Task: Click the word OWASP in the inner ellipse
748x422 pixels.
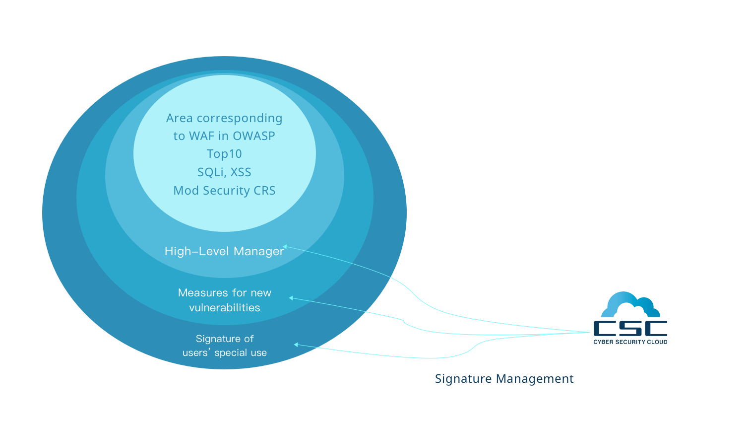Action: point(253,136)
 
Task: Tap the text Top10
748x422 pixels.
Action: point(224,154)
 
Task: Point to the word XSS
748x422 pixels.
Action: point(241,172)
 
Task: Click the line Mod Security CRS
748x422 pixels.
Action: point(224,191)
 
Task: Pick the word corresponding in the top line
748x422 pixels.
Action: point(240,118)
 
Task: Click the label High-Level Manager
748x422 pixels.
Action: point(224,251)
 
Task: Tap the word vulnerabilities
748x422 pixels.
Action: point(225,308)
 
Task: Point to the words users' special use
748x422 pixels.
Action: point(225,353)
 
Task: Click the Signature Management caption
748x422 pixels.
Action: point(504,379)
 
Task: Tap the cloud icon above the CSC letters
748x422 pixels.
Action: point(630,304)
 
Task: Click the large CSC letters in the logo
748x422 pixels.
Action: point(630,328)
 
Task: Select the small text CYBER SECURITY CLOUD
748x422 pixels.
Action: point(630,342)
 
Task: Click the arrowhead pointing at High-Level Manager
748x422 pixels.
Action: point(285,246)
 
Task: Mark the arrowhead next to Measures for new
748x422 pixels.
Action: point(291,298)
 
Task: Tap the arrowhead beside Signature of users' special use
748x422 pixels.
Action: point(296,345)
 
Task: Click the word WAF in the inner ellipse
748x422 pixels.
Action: point(201,136)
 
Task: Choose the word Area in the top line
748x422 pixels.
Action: point(179,118)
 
